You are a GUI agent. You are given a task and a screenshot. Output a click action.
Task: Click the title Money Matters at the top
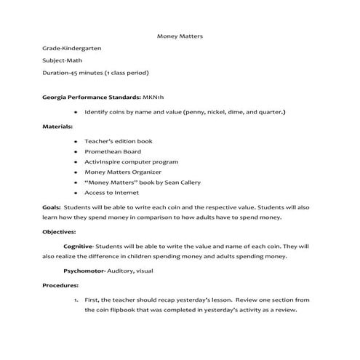pyautogui.click(x=180, y=36)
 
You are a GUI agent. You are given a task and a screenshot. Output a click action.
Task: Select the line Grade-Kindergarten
pyautogui.click(x=72, y=48)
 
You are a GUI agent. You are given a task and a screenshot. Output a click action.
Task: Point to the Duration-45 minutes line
pyautogui.click(x=95, y=73)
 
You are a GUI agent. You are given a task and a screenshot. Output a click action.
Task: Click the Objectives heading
pyautogui.click(x=60, y=232)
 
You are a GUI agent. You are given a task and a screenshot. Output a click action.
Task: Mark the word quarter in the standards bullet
pyautogui.click(x=269, y=113)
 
